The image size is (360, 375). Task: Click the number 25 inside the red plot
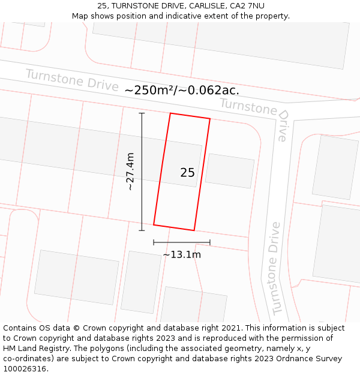click(187, 173)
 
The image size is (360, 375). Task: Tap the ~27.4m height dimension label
click(130, 172)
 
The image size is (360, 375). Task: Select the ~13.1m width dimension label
click(181, 254)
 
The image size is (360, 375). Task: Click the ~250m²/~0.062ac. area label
click(181, 91)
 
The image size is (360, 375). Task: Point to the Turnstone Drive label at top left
click(71, 79)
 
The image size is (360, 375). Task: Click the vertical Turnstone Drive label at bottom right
click(275, 268)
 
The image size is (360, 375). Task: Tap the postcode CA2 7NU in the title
click(247, 5)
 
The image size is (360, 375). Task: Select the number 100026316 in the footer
click(23, 369)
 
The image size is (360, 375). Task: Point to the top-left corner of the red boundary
click(170, 113)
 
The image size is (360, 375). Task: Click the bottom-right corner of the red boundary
click(194, 230)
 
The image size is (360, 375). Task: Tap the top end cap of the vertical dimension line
click(142, 113)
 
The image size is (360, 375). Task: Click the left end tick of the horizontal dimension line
click(154, 242)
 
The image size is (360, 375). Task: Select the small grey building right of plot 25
click(230, 171)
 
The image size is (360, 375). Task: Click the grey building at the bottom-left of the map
click(76, 277)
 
